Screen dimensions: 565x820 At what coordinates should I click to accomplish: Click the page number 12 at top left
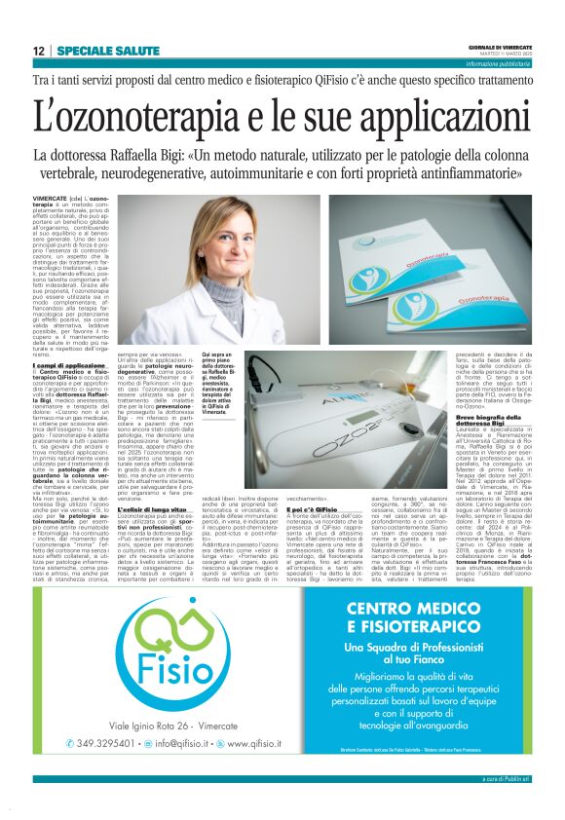(x=39, y=51)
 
